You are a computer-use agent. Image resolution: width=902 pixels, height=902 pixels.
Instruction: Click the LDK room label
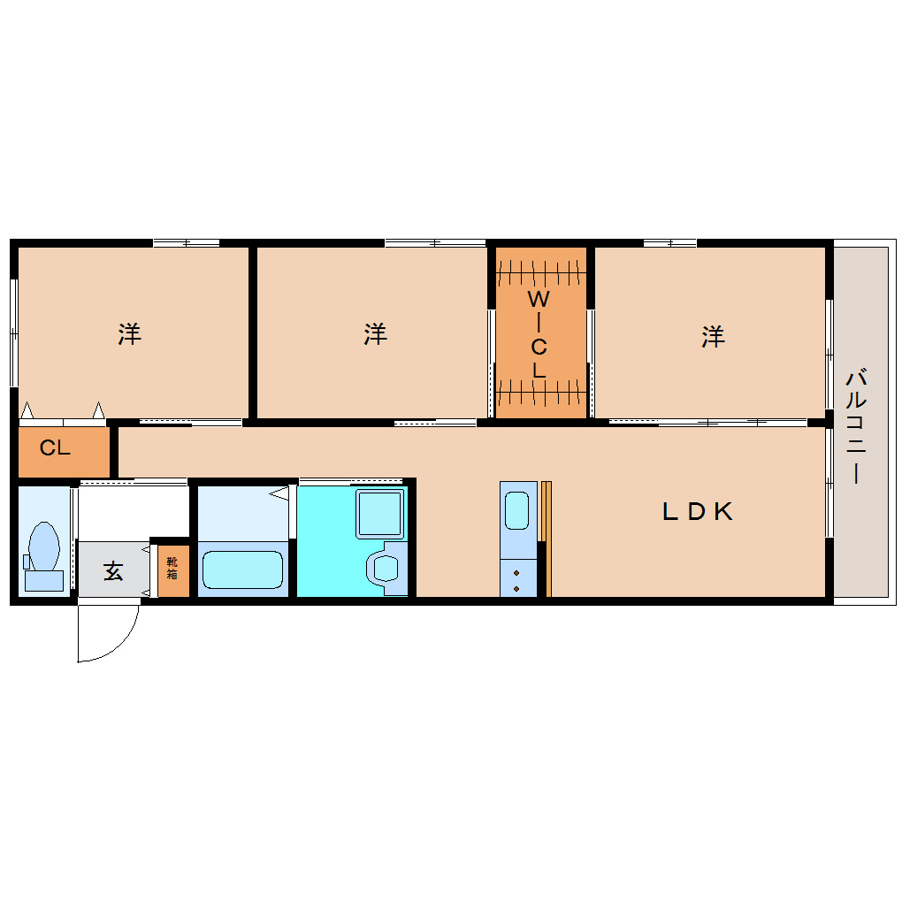pos(698,511)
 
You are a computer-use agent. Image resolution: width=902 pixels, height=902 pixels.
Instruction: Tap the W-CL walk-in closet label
pos(539,334)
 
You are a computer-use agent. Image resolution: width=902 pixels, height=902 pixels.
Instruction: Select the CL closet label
pos(55,448)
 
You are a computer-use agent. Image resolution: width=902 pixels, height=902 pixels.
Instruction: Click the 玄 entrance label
pos(113,571)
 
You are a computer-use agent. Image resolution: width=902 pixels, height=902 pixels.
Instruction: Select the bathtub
pos(242,569)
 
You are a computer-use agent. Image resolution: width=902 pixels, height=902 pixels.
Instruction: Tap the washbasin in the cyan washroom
pos(386,567)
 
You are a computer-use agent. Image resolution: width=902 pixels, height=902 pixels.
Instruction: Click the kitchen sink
pos(516,511)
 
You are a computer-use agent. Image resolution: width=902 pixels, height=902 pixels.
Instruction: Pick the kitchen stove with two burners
pos(516,580)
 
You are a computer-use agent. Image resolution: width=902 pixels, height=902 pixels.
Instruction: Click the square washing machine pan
pos(380,514)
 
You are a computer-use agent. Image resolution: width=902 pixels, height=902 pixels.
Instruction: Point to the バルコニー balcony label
pos(855,424)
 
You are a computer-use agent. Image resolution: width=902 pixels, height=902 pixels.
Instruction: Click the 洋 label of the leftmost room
pos(130,334)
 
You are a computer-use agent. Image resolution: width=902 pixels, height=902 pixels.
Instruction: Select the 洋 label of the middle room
pos(376,334)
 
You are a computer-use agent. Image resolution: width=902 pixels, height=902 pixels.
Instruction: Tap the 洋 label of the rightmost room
pos(714,336)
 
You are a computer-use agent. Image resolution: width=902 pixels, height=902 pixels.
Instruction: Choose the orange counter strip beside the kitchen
pos(547,539)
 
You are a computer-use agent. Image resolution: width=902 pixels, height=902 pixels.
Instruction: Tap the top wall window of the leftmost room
pos(186,242)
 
